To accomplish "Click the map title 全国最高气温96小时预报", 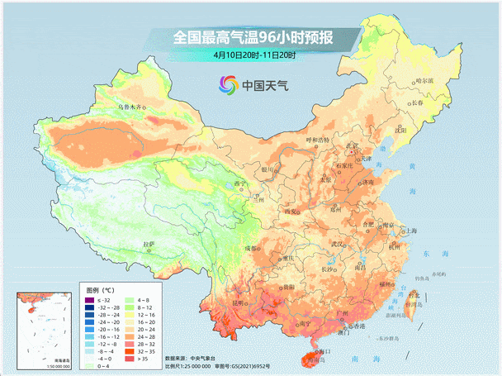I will click(253, 37).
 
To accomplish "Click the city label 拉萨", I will click(149, 244).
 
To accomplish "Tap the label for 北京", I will click(352, 146).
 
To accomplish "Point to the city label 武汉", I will click(337, 245).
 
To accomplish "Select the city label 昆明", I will click(239, 303).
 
